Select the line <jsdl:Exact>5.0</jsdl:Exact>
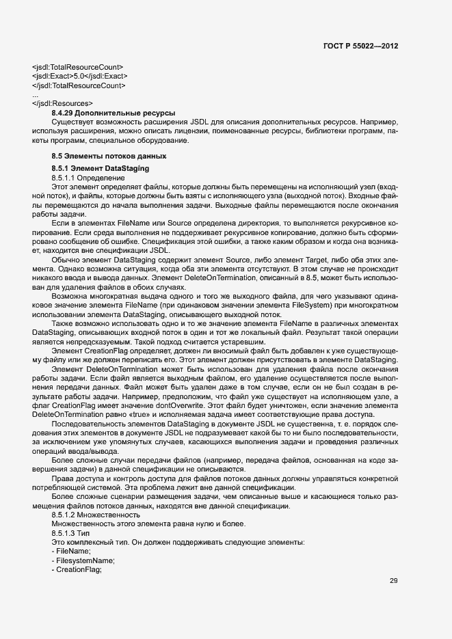point(79,76)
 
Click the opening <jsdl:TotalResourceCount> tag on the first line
point(77,67)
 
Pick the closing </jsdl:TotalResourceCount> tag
point(79,85)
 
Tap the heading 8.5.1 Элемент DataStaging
point(100,168)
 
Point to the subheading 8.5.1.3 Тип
point(71,532)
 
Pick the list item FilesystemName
point(78,560)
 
